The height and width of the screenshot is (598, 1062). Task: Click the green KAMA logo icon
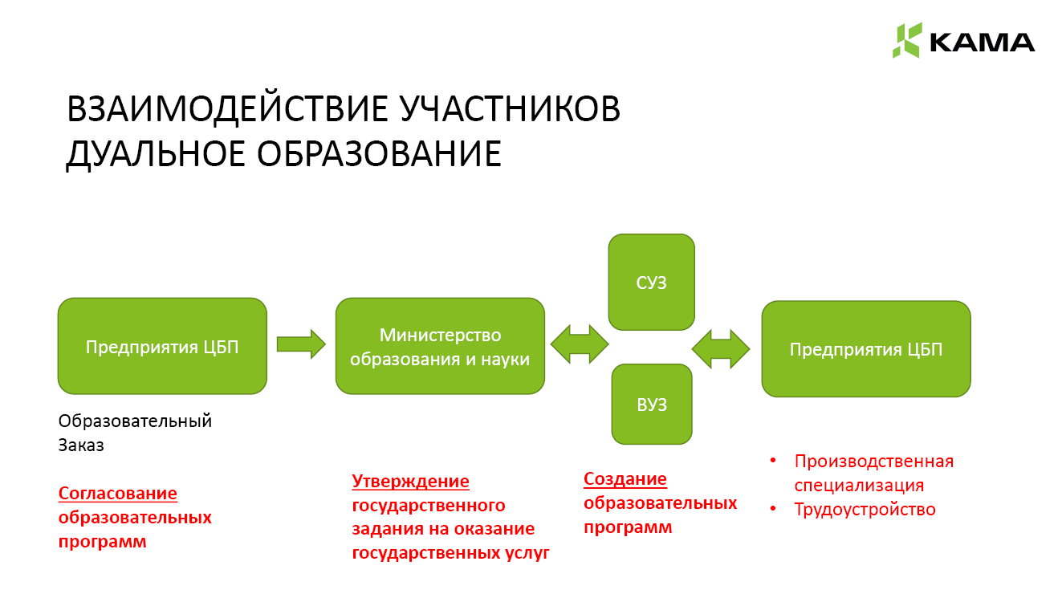coord(907,40)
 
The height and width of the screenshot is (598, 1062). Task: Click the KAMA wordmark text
coord(983,43)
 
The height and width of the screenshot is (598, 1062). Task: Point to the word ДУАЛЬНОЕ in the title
coord(156,155)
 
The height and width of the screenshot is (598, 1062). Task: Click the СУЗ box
coord(652,283)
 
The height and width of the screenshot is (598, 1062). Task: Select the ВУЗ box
coord(652,404)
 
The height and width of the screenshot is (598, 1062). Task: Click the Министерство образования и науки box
coord(440,346)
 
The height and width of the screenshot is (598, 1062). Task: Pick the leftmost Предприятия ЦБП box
coord(162,346)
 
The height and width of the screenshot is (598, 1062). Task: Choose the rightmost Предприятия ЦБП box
coord(866,349)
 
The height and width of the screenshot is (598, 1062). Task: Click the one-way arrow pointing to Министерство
coord(301,344)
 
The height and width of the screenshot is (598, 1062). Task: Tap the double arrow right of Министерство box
coord(580,344)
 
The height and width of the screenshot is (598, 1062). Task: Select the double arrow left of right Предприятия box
coord(721,349)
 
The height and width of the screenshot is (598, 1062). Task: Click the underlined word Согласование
coord(117,493)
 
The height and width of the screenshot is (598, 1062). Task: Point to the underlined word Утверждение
coord(410,482)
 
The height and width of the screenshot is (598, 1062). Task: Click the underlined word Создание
coord(625,478)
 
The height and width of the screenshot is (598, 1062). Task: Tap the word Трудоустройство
coord(865,510)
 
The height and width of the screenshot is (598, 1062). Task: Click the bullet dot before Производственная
coord(773,461)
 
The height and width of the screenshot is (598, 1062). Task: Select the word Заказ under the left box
coord(81,445)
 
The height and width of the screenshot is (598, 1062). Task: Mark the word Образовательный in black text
coord(135,421)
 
